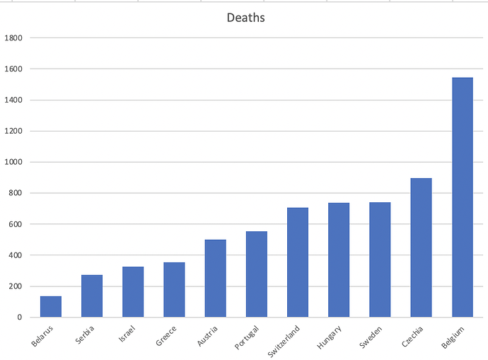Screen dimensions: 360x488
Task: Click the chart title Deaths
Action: [x=245, y=18]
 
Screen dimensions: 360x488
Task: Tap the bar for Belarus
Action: [x=51, y=306]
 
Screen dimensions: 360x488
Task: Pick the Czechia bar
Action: [x=421, y=248]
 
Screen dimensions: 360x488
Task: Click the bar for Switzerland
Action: [x=298, y=262]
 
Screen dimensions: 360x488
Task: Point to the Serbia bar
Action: [x=92, y=296]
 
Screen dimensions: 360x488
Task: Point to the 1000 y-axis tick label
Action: [x=14, y=162]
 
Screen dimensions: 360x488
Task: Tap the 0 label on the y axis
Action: [x=20, y=317]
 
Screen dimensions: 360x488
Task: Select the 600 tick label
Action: [x=16, y=224]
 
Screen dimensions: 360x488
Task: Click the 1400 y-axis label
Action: [x=14, y=100]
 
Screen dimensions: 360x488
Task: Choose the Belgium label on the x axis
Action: [x=452, y=337]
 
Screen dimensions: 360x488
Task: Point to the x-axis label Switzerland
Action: [x=284, y=340]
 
